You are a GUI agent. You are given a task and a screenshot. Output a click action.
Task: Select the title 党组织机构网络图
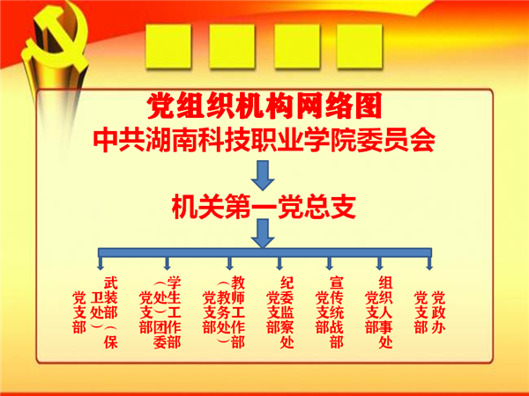pyautogui.click(x=264, y=106)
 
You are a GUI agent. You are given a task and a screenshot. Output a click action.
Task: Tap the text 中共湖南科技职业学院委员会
pyautogui.click(x=264, y=140)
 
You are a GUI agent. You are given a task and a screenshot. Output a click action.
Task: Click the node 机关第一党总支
pyautogui.click(x=264, y=206)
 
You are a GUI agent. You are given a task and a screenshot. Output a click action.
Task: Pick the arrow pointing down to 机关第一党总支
pyautogui.click(x=263, y=175)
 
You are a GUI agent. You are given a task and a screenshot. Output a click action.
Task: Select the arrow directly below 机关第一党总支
pyautogui.click(x=263, y=233)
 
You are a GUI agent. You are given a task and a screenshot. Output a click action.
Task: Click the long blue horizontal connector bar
pyautogui.click(x=264, y=253)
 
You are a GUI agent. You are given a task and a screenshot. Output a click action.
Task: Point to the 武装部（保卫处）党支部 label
pyautogui.click(x=95, y=312)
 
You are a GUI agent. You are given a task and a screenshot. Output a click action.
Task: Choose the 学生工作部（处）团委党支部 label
pyautogui.click(x=160, y=312)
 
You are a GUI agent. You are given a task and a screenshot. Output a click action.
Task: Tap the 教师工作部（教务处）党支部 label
pyautogui.click(x=224, y=312)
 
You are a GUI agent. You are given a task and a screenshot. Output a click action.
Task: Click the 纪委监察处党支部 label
pyautogui.click(x=280, y=312)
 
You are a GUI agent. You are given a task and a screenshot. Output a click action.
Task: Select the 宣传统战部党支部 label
pyautogui.click(x=330, y=312)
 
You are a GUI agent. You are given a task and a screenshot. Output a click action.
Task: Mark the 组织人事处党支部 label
pyautogui.click(x=379, y=312)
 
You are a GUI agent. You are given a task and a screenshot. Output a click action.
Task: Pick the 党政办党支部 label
pyautogui.click(x=430, y=312)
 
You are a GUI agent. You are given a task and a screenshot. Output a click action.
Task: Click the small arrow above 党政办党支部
pyautogui.click(x=429, y=264)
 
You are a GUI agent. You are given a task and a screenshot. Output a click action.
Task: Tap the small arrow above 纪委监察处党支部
pyautogui.click(x=279, y=264)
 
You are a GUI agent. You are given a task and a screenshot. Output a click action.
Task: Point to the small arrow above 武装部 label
pyautogui.click(x=101, y=264)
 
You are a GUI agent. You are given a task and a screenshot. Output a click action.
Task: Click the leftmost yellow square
pyautogui.click(x=168, y=46)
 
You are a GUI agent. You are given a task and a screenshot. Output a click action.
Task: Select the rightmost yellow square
pyautogui.click(x=360, y=46)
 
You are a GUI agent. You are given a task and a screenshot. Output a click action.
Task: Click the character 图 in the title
pyautogui.click(x=368, y=106)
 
